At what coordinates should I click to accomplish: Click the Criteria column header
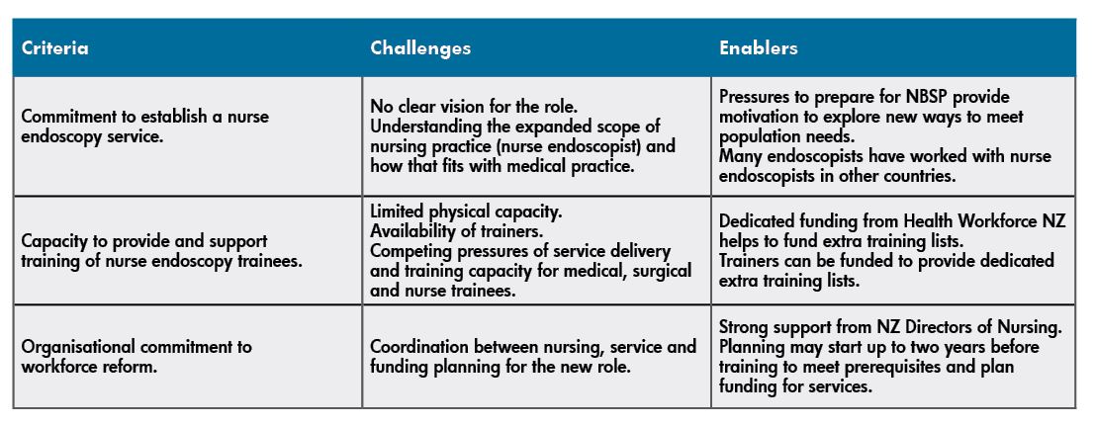tap(55, 48)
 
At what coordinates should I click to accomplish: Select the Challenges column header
tap(420, 48)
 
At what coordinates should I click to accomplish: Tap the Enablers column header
tap(759, 48)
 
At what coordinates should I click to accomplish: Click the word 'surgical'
tap(661, 270)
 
